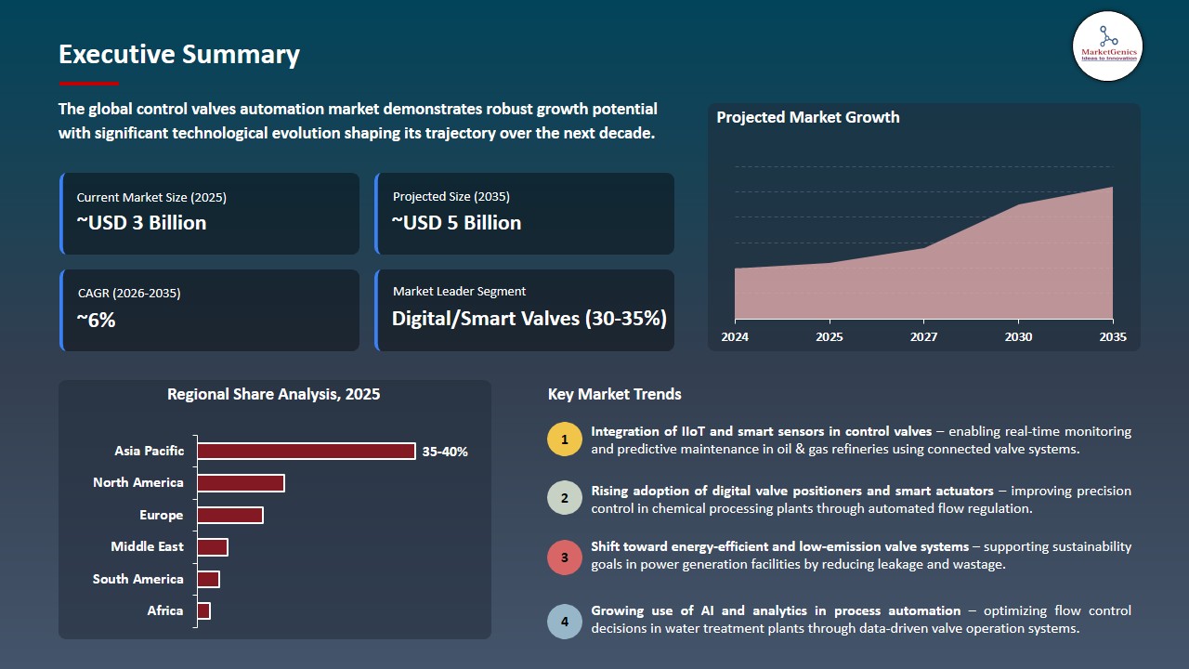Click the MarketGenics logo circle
pos(1107,46)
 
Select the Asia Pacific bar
pos(307,451)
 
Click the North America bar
pos(241,483)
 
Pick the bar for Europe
pos(229,515)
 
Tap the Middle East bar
pos(213,547)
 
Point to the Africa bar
pos(203,611)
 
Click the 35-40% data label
pos(445,452)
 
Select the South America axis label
pos(138,579)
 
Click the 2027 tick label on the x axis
pos(923,336)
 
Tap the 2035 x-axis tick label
pos(1113,336)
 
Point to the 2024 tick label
pos(735,336)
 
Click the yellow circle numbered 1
pos(565,439)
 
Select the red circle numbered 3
pos(565,557)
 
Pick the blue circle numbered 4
pos(565,622)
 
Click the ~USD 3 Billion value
pos(141,223)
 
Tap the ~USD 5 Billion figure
pos(456,223)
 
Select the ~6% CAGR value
pos(96,321)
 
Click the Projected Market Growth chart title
pos(808,117)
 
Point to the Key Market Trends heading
pos(615,395)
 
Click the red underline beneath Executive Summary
pos(88,84)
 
